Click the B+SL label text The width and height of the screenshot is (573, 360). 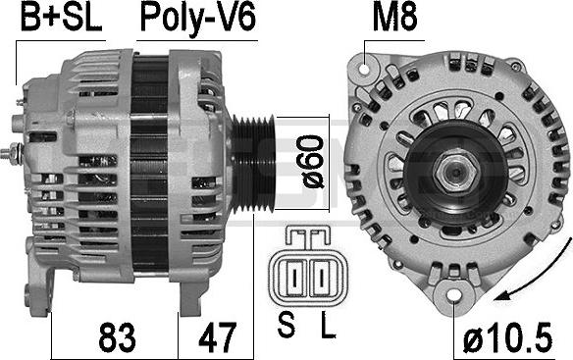tap(62, 18)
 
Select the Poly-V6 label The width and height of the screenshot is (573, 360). tap(197, 19)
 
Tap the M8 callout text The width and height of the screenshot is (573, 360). tap(394, 18)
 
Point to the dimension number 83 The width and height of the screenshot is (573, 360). tap(117, 337)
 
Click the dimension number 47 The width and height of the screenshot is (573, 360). tap(218, 337)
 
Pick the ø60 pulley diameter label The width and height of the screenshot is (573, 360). tap(314, 162)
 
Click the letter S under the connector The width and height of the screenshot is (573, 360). tap(286, 325)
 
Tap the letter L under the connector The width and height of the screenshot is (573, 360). tap(328, 325)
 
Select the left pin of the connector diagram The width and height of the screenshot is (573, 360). tap(294, 278)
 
